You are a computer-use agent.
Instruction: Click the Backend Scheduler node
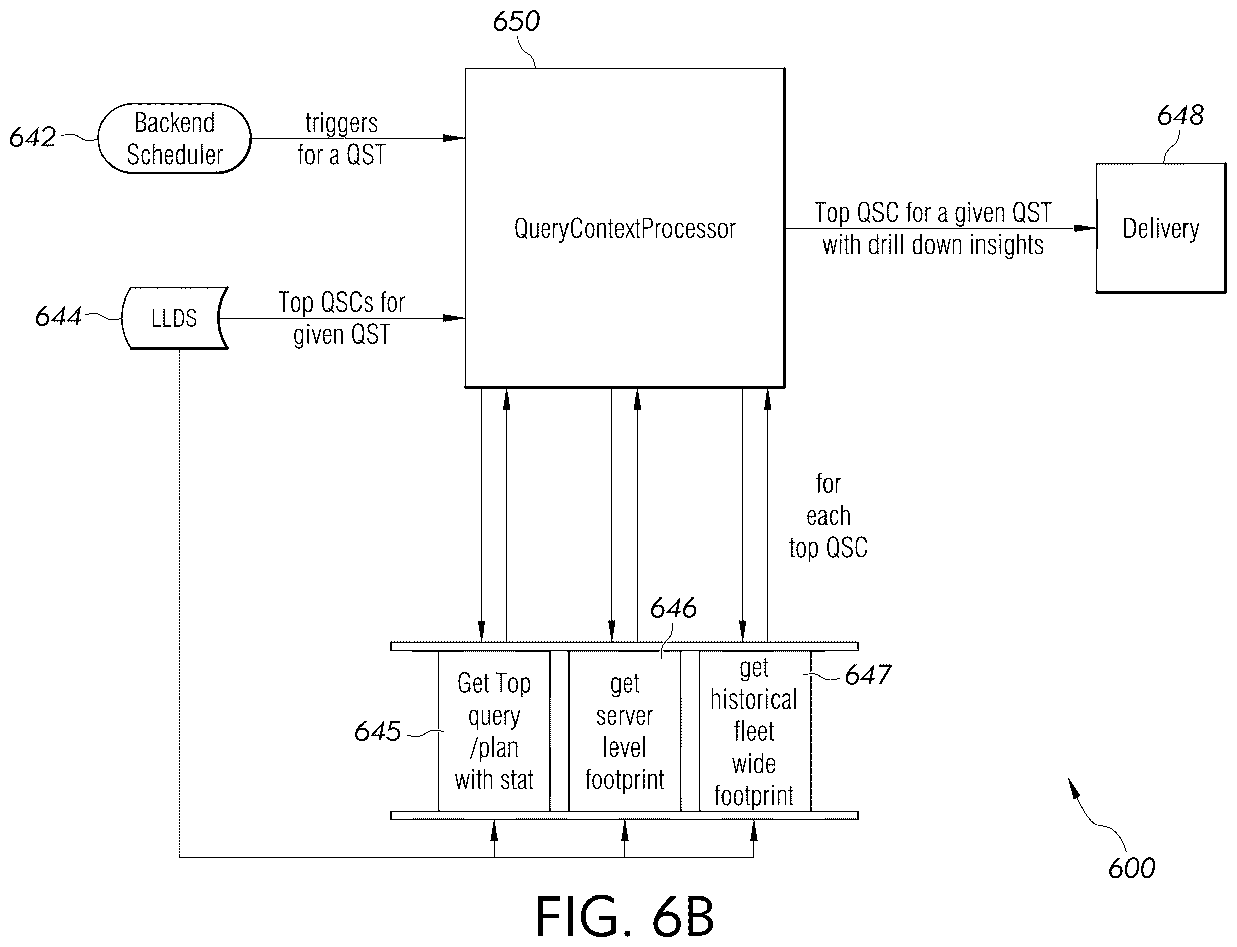tap(175, 138)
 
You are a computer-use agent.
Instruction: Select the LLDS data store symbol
tap(175, 318)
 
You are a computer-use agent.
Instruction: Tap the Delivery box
tap(1161, 228)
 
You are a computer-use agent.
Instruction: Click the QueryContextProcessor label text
tap(625, 229)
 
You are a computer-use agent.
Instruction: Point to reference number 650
tap(516, 21)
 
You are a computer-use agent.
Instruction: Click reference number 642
tap(32, 137)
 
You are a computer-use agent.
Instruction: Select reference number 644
tap(59, 316)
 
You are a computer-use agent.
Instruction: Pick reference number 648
tap(1180, 115)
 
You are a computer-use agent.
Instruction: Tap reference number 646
tap(674, 608)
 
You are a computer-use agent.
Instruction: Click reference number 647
tap(868, 675)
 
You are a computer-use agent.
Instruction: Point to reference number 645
tap(378, 732)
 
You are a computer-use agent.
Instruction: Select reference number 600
tap(1131, 869)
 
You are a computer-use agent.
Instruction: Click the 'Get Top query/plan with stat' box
tap(494, 731)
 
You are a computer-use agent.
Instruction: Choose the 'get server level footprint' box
tap(625, 731)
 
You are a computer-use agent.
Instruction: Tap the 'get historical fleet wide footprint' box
tap(755, 731)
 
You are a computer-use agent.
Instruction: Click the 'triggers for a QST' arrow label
tap(341, 139)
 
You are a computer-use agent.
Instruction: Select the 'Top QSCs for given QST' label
tap(341, 319)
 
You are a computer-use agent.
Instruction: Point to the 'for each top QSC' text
tap(828, 516)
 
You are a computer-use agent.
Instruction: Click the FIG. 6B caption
tap(625, 916)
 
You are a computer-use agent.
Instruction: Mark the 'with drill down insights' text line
tap(933, 245)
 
